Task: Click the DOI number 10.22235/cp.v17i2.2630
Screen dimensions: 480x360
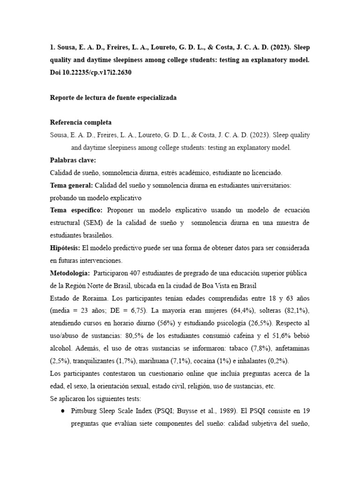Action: point(98,73)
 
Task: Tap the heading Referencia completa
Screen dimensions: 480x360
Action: point(81,122)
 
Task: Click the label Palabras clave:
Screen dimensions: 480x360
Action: point(73,160)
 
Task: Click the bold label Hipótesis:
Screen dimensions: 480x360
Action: point(65,247)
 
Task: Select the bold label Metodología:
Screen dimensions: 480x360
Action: point(70,273)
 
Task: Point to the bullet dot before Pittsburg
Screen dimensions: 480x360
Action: point(63,411)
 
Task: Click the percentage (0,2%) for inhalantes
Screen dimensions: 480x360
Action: point(277,361)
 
